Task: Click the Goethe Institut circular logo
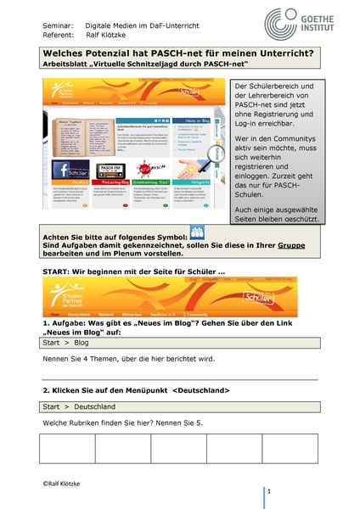[x=281, y=21]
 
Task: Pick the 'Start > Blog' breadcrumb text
[x=68, y=344]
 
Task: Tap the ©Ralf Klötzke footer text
[x=65, y=481]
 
